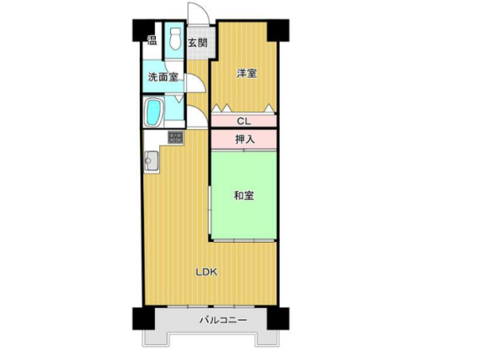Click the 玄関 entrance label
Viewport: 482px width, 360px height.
point(198,43)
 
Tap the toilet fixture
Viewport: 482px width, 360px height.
point(175,39)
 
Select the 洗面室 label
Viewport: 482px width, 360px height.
point(163,77)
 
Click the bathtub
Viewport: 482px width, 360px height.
point(153,112)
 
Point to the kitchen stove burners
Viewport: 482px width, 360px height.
point(175,137)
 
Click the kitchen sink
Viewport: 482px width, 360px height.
point(151,160)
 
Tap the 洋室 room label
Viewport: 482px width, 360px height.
point(247,73)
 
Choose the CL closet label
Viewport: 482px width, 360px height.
point(243,121)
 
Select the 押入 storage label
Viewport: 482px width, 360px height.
point(245,139)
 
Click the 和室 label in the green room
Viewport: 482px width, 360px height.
point(244,195)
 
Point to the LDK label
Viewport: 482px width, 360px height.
point(207,272)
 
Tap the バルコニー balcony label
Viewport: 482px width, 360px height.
point(223,321)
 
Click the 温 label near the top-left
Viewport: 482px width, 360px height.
point(152,40)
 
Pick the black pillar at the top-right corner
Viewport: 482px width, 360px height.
point(278,30)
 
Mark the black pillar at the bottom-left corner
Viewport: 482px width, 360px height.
point(144,318)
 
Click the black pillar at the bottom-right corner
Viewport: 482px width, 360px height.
point(278,318)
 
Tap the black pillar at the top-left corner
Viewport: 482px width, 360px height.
point(144,30)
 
